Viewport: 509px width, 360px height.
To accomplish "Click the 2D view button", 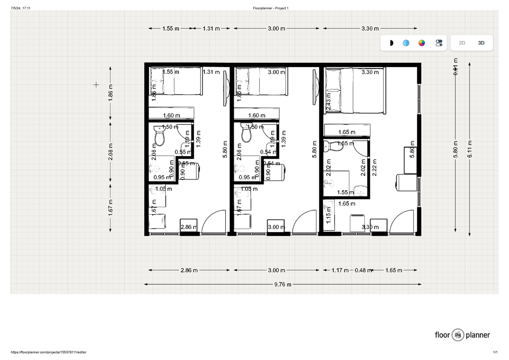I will point(462,43).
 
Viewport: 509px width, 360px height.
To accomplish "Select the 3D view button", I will point(481,43).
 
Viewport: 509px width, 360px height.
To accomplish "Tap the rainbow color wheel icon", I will point(422,43).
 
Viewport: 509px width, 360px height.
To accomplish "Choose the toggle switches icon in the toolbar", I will point(439,43).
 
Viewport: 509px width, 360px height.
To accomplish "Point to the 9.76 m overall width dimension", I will point(283,284).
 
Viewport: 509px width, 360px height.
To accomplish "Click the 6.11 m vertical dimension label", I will point(470,149).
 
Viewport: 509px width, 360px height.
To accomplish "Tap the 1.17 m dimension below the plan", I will point(340,270).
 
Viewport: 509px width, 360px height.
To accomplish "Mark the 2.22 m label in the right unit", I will point(375,167).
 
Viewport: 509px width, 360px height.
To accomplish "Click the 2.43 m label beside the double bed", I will point(328,102).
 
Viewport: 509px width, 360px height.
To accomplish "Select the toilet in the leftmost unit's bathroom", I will point(159,135).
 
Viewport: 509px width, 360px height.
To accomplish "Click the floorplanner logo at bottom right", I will point(462,335).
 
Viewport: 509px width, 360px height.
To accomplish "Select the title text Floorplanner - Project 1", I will point(271,8).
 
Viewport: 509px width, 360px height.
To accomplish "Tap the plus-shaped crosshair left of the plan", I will point(96,85).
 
